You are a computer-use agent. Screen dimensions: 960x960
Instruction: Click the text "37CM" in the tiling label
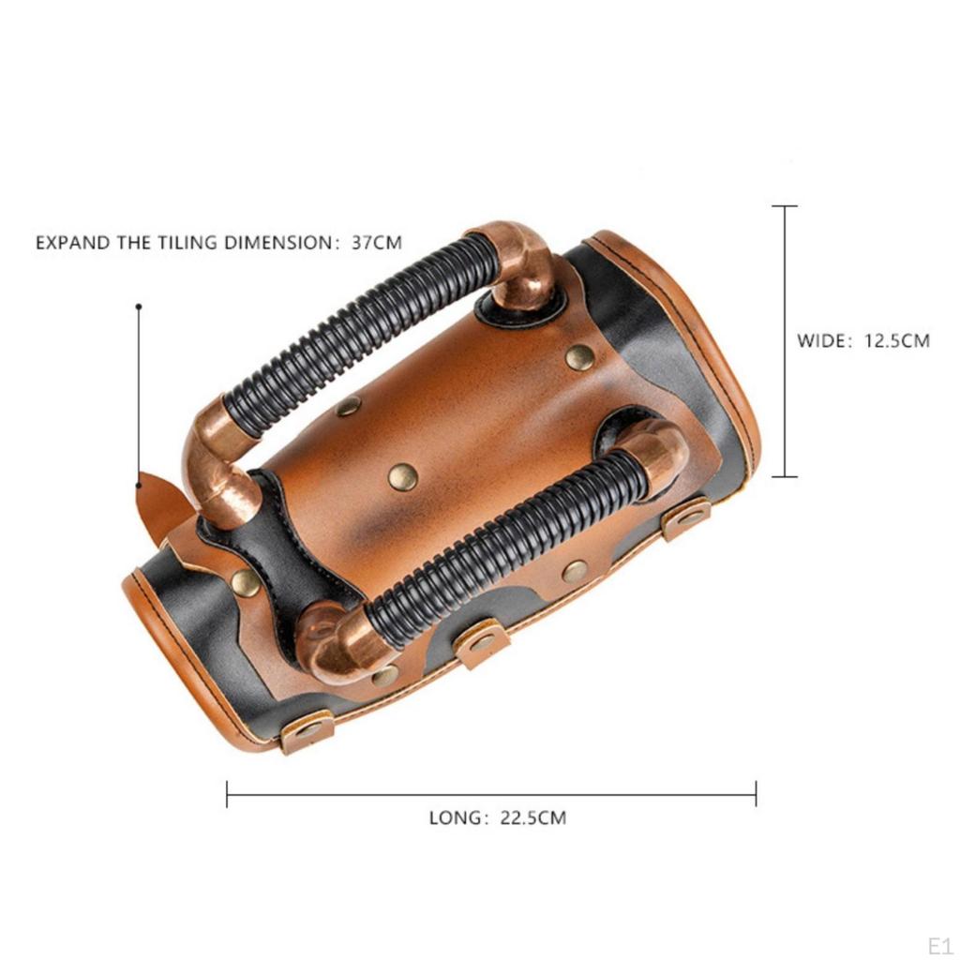point(377,243)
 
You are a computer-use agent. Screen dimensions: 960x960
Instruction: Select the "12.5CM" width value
point(896,340)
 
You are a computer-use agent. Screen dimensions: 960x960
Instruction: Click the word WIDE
point(820,340)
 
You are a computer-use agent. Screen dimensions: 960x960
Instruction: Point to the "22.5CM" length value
point(533,817)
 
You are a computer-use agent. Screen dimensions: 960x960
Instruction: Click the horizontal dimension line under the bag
point(491,795)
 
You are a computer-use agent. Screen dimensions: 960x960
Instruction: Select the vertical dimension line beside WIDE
point(785,341)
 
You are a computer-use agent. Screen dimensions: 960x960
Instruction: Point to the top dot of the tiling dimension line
point(139,307)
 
